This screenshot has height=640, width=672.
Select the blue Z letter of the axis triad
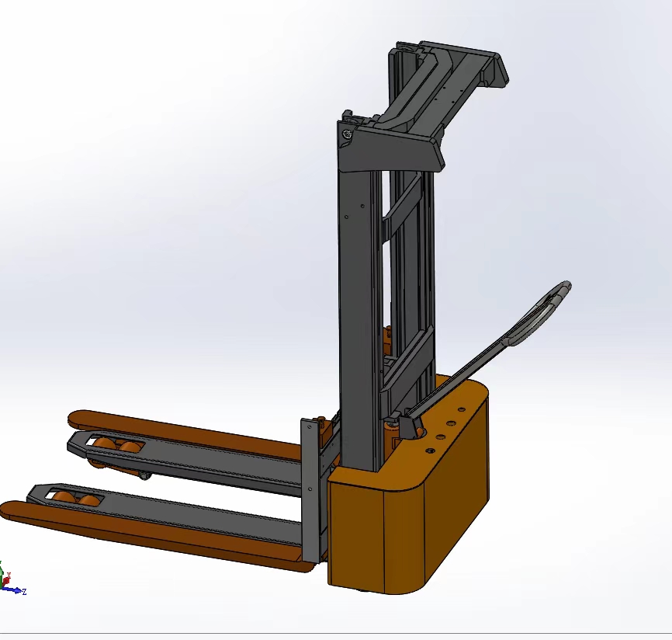pos(24,592)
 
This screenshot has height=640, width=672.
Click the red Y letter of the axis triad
pos(9,575)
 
